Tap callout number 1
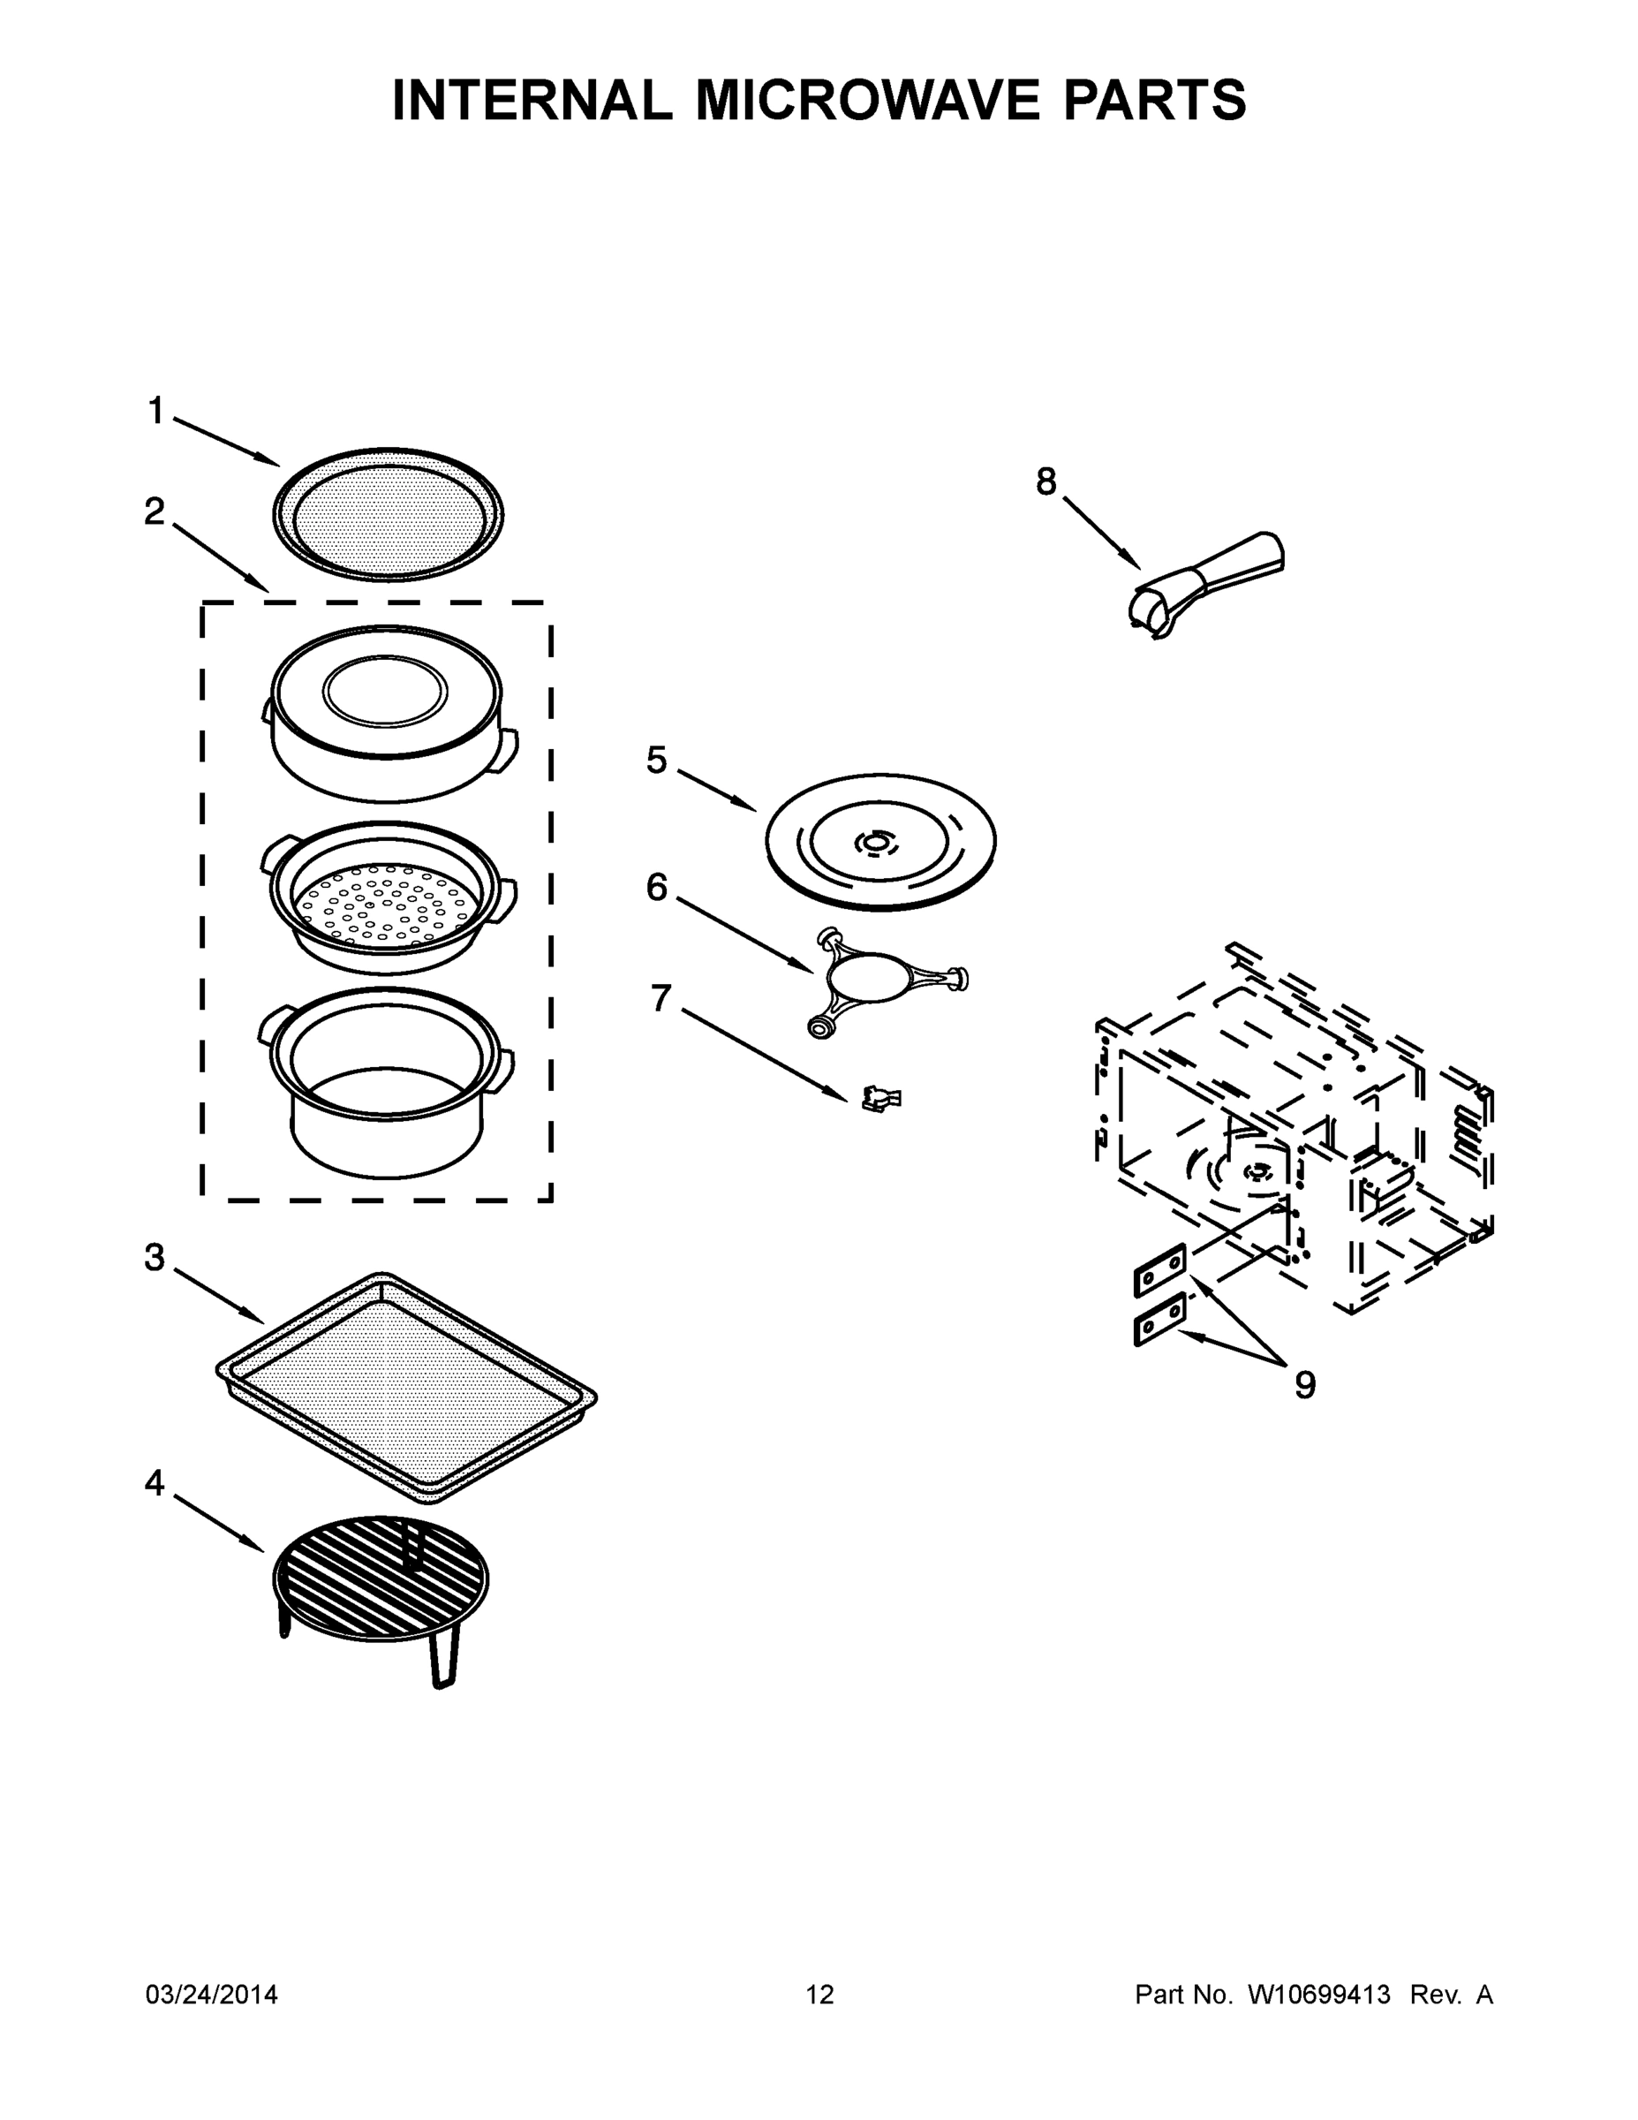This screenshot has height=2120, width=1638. click(155, 411)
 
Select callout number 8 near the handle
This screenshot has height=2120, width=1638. click(1045, 481)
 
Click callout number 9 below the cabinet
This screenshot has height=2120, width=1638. click(1305, 1385)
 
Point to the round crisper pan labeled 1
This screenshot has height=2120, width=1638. click(389, 514)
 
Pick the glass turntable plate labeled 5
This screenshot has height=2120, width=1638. click(880, 842)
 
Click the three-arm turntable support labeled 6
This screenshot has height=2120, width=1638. click(879, 976)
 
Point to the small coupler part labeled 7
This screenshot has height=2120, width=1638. click(880, 1098)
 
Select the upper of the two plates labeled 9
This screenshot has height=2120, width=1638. click(1159, 1268)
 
